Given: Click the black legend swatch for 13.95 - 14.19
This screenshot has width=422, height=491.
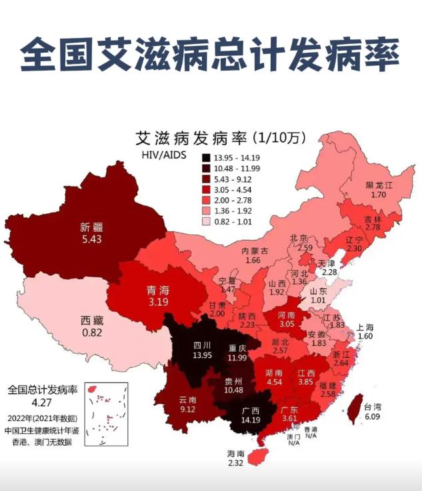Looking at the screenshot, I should point(207,158).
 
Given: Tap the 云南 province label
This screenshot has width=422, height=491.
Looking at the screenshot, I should point(187,400).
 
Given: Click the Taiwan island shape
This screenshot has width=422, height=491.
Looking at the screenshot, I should point(355,406).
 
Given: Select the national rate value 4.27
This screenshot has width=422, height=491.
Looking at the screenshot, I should point(42,402).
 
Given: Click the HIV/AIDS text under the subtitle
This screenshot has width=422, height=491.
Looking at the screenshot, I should point(163,156).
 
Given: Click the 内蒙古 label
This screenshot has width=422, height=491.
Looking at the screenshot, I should point(255,250).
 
